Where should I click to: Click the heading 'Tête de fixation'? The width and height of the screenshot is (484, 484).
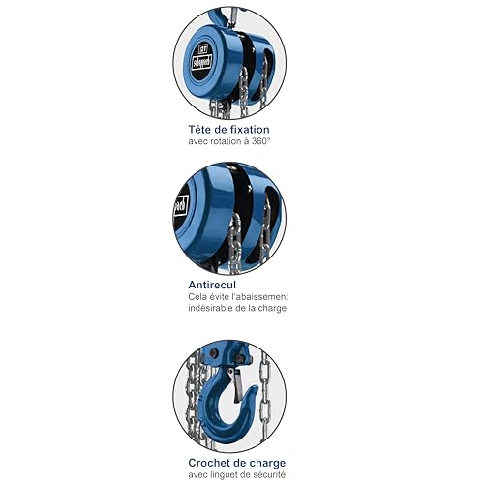(228, 130)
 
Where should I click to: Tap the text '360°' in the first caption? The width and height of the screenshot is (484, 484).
(260, 141)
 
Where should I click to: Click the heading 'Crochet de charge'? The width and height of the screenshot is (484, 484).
(237, 463)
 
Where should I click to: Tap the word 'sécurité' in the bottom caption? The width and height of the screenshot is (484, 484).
(270, 474)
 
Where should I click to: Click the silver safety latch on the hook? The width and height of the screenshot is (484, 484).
(236, 385)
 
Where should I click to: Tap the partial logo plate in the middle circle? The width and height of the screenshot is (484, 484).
(181, 205)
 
